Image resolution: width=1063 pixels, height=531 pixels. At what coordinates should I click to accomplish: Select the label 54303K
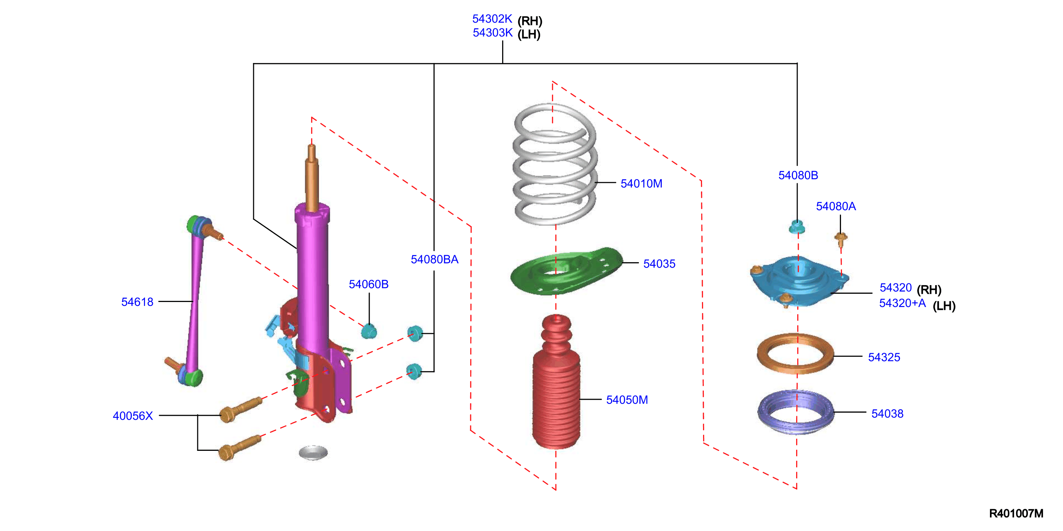click(492, 33)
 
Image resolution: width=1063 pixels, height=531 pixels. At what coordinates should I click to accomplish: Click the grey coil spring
click(555, 165)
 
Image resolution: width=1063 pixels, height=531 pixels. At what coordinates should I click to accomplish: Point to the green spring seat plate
click(566, 272)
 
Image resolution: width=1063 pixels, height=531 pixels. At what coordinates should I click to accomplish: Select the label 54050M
click(627, 399)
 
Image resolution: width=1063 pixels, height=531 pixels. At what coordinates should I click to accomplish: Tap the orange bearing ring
click(795, 354)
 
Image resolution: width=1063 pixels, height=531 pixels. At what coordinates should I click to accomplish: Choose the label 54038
click(887, 414)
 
